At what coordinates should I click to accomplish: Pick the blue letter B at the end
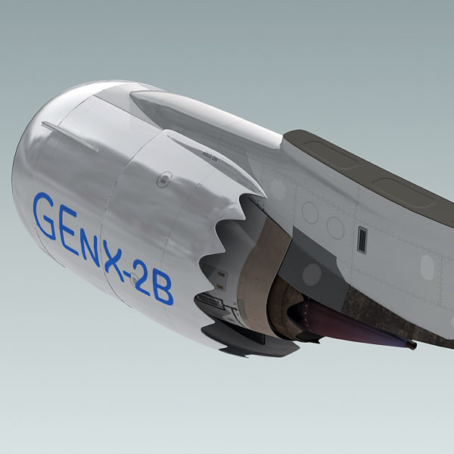(x=163, y=288)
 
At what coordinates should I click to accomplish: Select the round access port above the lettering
(x=163, y=179)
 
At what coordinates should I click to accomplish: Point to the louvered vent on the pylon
(x=362, y=239)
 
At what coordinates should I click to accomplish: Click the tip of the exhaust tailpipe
(x=411, y=345)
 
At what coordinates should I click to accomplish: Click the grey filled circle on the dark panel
(x=312, y=273)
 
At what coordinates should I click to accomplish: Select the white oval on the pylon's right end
(x=428, y=266)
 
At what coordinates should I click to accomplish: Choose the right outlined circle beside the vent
(x=336, y=227)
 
